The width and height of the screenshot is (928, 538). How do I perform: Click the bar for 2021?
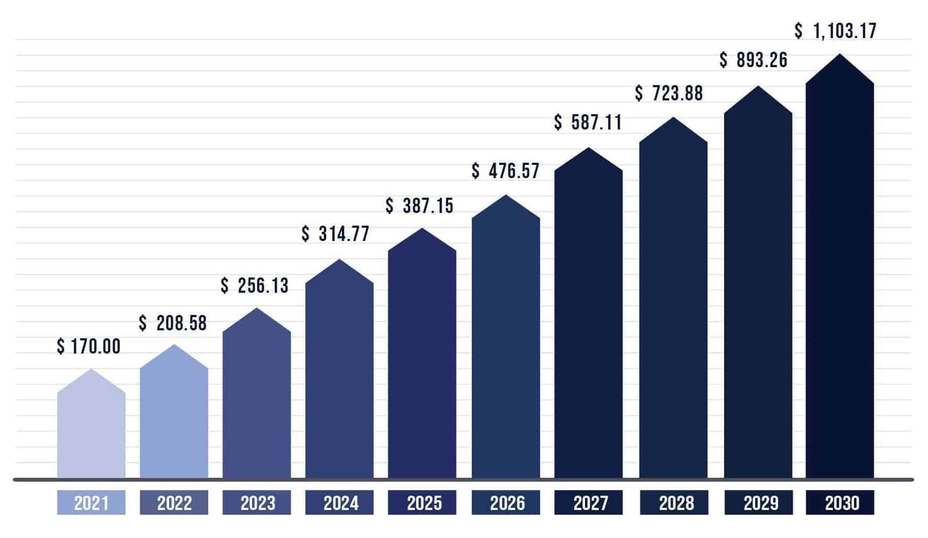pyautogui.click(x=91, y=431)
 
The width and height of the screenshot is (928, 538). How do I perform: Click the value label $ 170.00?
pyautogui.click(x=89, y=347)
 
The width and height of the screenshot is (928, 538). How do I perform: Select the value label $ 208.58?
pyautogui.click(x=173, y=323)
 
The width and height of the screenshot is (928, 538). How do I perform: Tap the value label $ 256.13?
pyautogui.click(x=255, y=286)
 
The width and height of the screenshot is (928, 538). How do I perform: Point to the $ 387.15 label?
pyautogui.click(x=420, y=206)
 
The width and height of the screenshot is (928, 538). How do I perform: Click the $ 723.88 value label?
pyautogui.click(x=669, y=94)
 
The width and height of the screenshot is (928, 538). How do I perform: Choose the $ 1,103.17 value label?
pyautogui.click(x=836, y=31)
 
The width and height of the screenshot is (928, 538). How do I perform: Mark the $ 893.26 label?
pyautogui.click(x=754, y=60)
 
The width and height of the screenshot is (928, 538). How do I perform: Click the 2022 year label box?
pyautogui.click(x=174, y=503)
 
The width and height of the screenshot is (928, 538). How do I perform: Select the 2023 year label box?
pyautogui.click(x=257, y=503)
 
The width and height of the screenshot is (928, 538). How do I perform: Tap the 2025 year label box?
pyautogui.click(x=422, y=503)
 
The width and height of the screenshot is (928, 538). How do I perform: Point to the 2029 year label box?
pyautogui.click(x=758, y=503)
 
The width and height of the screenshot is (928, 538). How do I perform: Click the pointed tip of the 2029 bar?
pyautogui.click(x=758, y=87)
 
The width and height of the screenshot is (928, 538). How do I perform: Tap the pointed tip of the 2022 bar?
pyautogui.click(x=174, y=346)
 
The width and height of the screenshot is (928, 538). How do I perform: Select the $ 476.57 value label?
pyautogui.click(x=506, y=171)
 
